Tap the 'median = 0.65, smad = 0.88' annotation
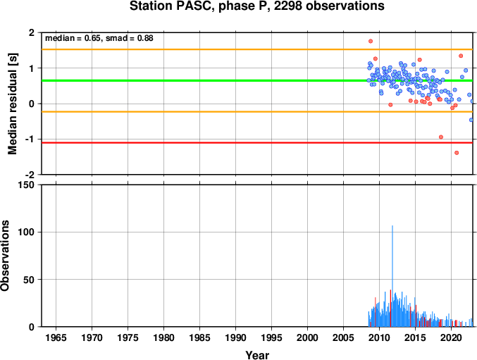click(99, 38)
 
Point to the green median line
click(257, 80)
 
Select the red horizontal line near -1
click(257, 142)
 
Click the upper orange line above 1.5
click(257, 49)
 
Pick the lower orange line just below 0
click(257, 112)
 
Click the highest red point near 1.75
click(371, 41)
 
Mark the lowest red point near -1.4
click(457, 153)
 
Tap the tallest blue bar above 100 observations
click(392, 276)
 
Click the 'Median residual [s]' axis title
click(12, 104)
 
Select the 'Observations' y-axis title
click(4, 256)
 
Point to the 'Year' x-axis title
click(257, 355)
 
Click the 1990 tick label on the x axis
click(236, 337)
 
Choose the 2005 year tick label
click(343, 337)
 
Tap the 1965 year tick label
click(56, 337)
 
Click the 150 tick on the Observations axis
click(27, 185)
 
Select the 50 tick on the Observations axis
click(30, 280)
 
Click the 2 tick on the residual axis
click(32, 32)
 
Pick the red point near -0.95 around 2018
click(441, 137)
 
